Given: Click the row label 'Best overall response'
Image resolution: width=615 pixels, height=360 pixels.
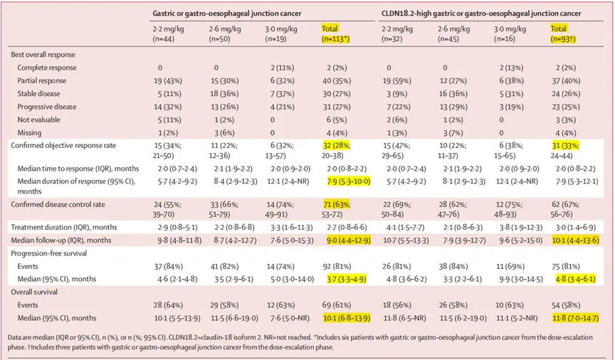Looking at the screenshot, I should (x=43, y=55).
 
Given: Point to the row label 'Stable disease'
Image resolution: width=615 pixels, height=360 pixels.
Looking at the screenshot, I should (x=42, y=92).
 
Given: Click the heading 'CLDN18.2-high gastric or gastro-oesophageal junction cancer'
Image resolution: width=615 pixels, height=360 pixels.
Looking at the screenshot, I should (x=481, y=14).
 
